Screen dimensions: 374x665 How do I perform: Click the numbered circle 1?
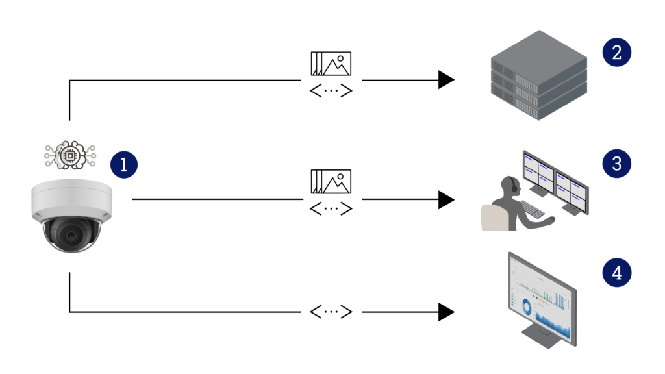(124, 164)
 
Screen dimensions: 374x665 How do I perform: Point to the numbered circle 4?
(616, 272)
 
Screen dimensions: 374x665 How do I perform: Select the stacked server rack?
(538, 77)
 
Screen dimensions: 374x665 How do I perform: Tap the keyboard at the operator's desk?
(533, 209)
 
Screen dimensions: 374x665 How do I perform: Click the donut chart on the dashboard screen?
(526, 306)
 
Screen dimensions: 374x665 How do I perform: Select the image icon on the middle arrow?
(331, 181)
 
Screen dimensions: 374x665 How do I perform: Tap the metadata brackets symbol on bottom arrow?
(331, 312)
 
